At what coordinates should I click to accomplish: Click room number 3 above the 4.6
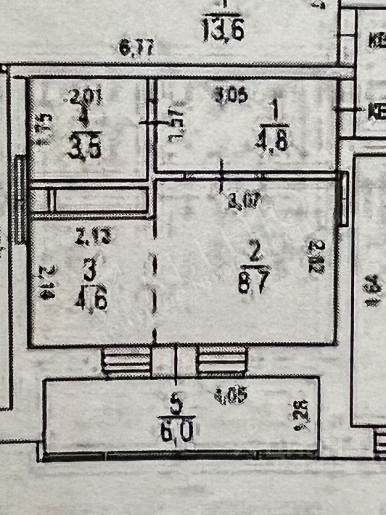click(x=90, y=270)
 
